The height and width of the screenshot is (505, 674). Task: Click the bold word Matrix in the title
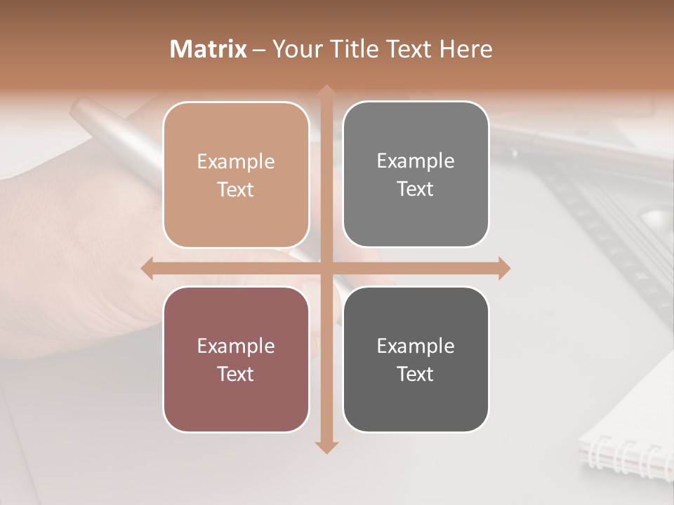click(x=209, y=49)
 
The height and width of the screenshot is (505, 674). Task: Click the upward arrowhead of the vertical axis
click(x=326, y=91)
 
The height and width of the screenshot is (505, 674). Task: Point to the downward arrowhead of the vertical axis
click(x=326, y=447)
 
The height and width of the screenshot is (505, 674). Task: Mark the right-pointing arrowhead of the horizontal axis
click(x=503, y=268)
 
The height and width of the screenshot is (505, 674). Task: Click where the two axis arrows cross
click(x=326, y=268)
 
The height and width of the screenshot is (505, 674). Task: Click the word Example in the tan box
click(x=236, y=162)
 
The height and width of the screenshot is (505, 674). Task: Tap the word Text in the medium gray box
click(x=416, y=189)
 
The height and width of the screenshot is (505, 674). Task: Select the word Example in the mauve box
click(x=236, y=346)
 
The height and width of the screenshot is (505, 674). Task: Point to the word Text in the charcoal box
click(x=416, y=374)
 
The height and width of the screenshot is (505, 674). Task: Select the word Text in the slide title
click(x=408, y=49)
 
